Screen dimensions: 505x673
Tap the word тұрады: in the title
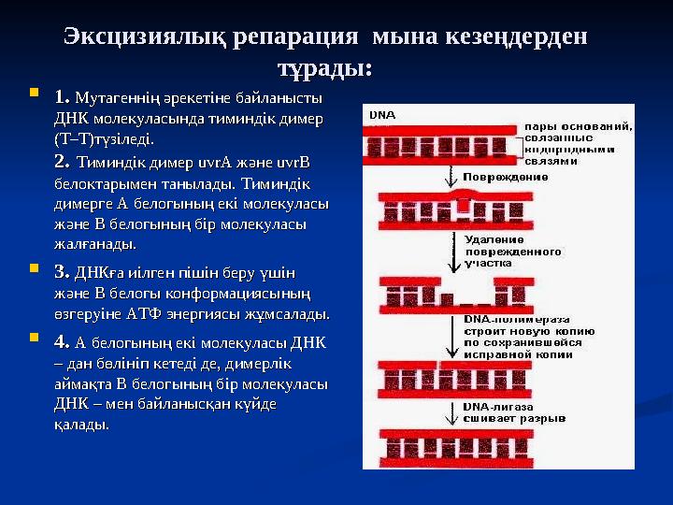point(325,69)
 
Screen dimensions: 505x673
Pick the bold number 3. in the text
point(63,273)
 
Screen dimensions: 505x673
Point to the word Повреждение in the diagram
point(500,176)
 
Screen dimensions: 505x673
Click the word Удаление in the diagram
point(494,239)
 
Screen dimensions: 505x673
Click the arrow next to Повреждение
point(456,176)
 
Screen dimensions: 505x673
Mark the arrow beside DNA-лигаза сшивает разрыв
point(456,411)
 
